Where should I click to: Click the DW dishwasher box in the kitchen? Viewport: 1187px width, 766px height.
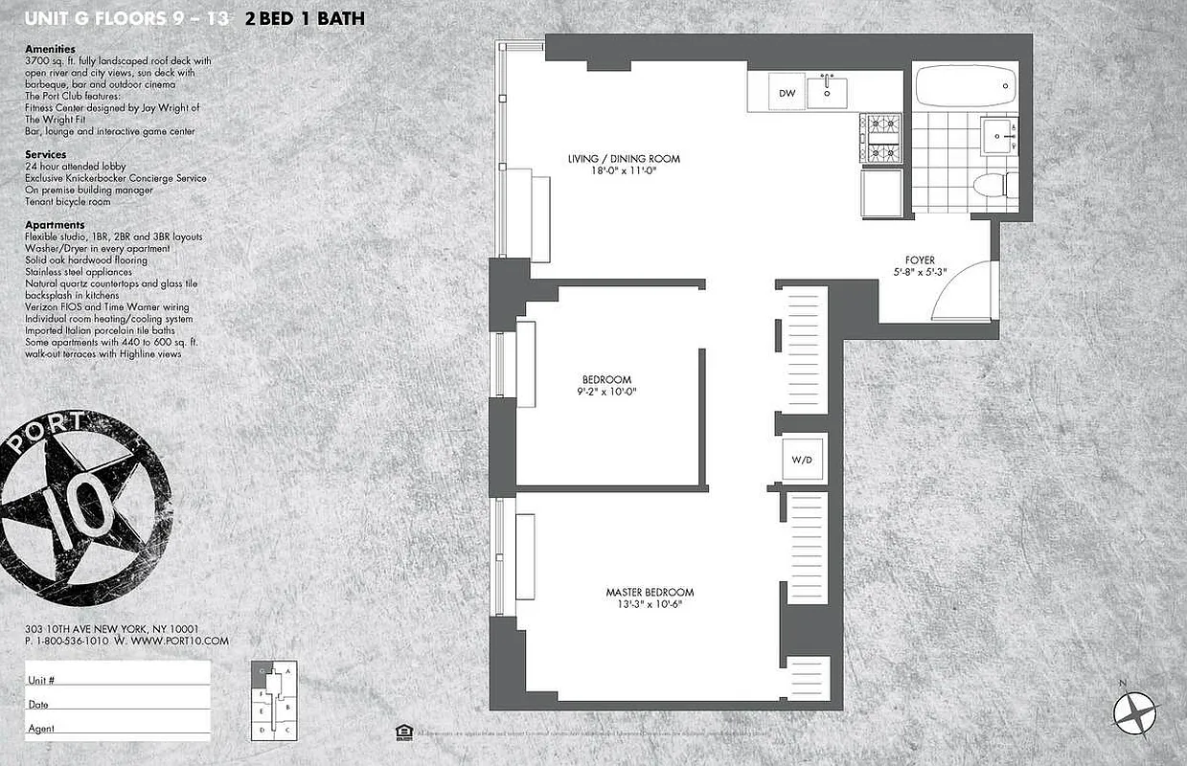coord(788,93)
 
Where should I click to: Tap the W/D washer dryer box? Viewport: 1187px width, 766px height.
coord(801,461)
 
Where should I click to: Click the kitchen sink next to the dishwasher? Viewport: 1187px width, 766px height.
coord(827,92)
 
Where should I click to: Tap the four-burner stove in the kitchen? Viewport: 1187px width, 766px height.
coord(879,138)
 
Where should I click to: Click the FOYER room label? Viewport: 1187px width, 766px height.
coord(920,259)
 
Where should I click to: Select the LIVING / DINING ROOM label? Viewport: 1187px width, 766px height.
coord(622,158)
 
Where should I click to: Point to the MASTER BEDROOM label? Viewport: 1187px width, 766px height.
coord(650,592)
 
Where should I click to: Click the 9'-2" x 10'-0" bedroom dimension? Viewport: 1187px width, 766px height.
coord(608,392)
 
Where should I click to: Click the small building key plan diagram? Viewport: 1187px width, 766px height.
coord(274,701)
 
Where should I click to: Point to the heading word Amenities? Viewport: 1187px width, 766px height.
coord(50,49)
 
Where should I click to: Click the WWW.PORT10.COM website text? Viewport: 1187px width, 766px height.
coord(180,641)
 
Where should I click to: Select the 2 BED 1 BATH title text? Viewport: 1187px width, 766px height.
coord(304,18)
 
